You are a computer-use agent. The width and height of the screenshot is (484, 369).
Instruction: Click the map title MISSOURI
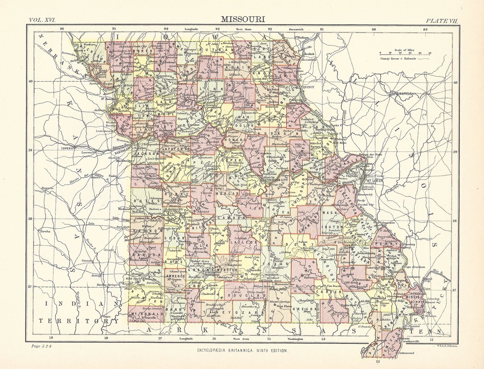[242, 19]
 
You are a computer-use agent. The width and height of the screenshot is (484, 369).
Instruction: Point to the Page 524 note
[43, 346]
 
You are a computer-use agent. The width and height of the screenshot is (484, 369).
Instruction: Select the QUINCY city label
[308, 87]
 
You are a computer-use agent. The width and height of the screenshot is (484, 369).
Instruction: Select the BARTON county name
[142, 254]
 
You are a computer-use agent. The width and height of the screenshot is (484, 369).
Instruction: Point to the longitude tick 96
[62, 29]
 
